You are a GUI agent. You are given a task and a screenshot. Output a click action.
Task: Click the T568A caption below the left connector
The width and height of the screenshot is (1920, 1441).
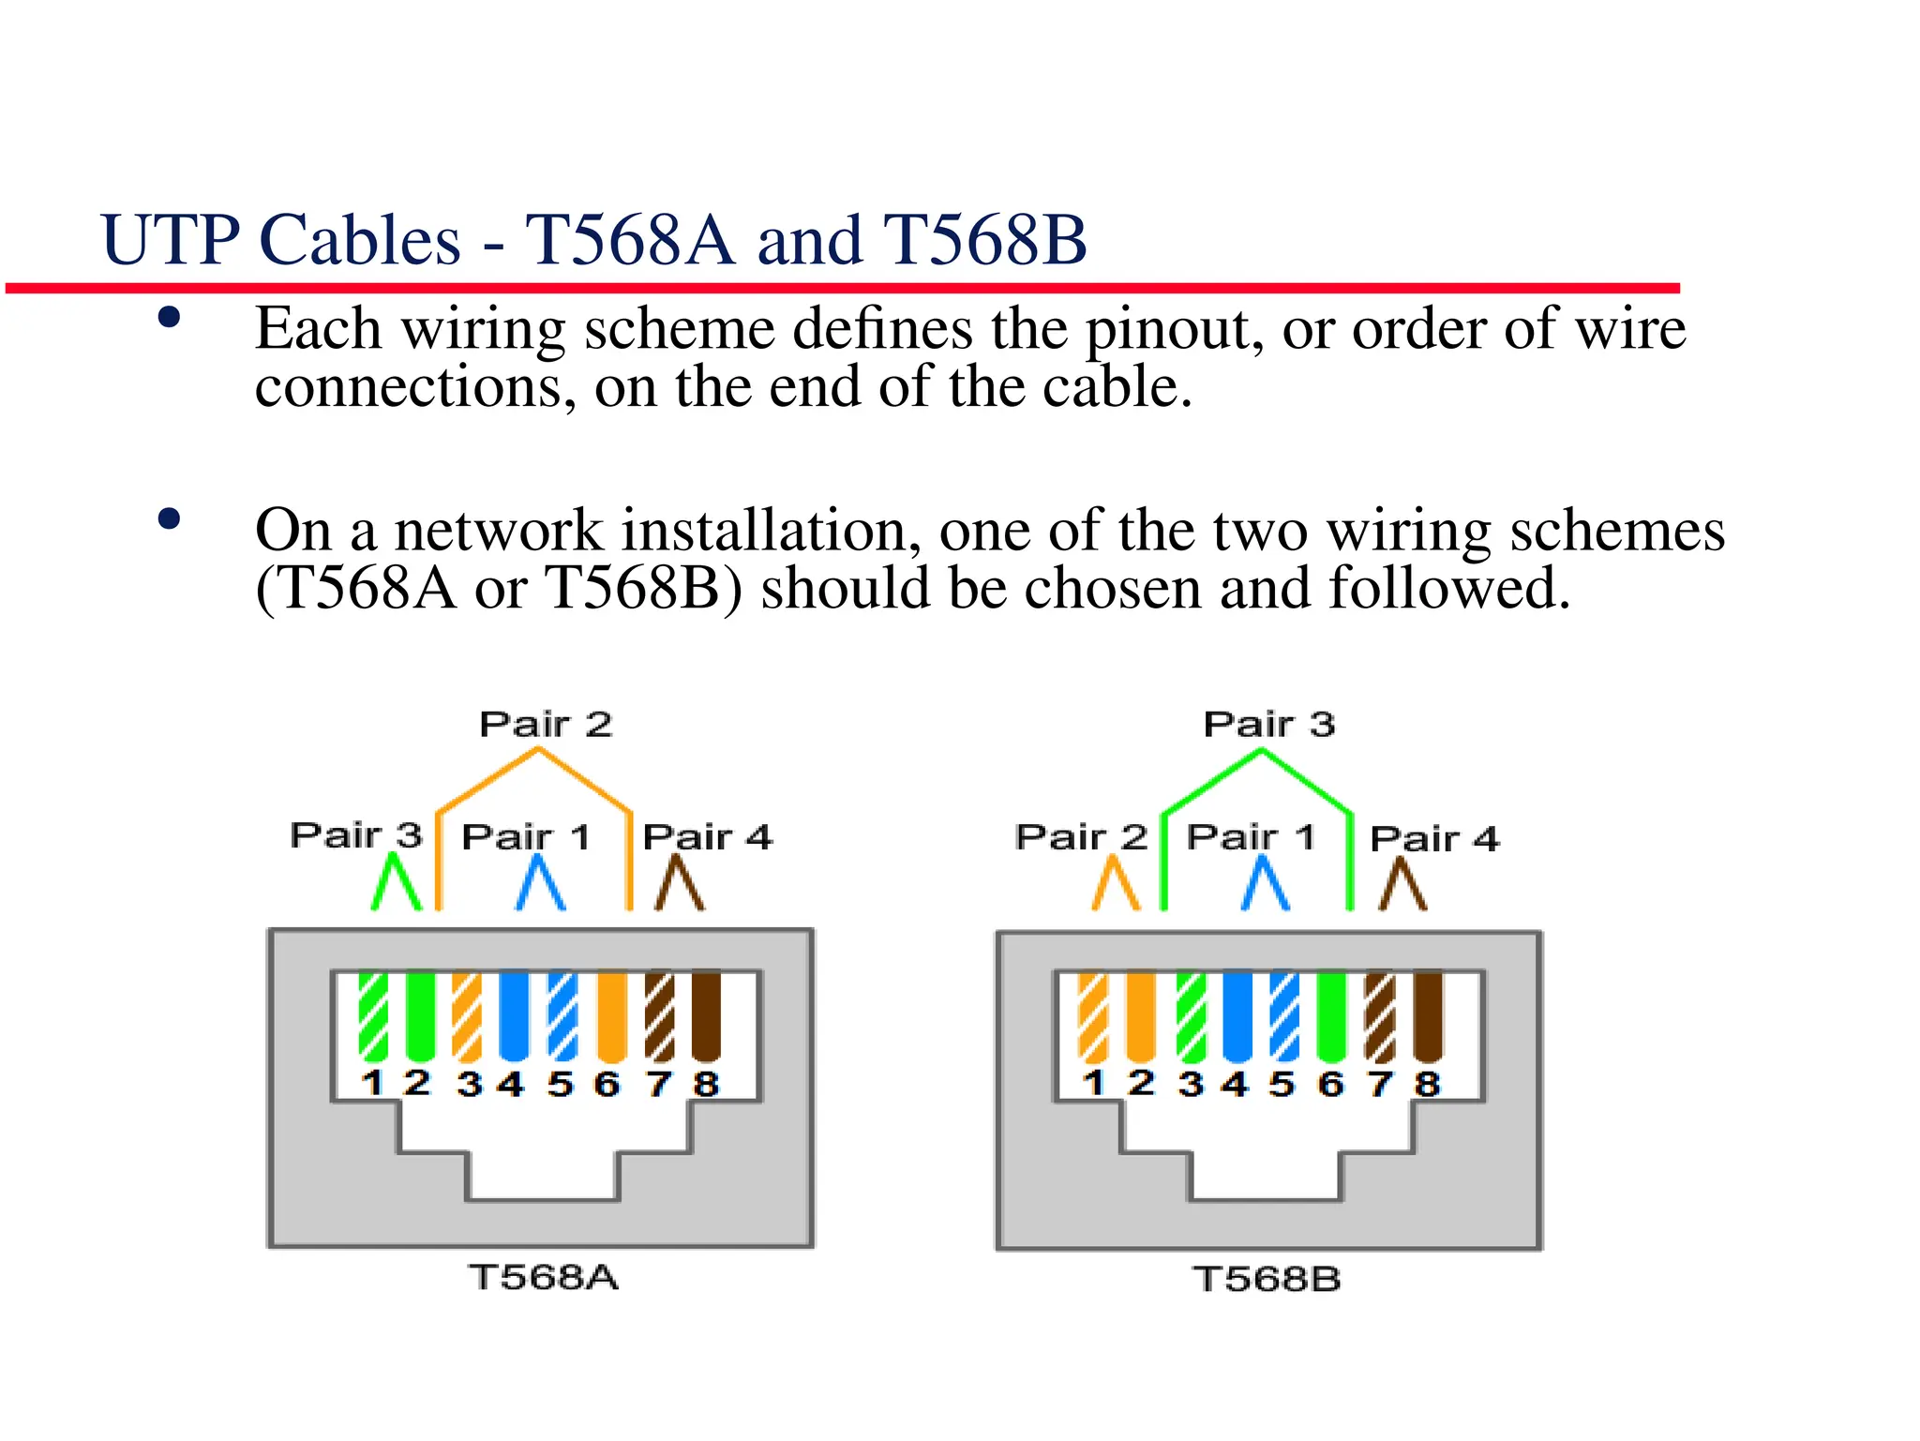(544, 1278)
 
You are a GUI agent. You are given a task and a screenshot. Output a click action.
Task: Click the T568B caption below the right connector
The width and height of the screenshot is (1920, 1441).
(1267, 1279)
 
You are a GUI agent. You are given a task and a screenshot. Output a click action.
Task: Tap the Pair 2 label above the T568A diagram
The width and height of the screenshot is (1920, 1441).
(545, 725)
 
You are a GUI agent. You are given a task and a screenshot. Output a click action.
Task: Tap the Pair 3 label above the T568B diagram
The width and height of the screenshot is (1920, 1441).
(1268, 725)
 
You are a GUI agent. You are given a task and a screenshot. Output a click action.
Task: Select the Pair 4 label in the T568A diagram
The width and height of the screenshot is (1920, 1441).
(707, 836)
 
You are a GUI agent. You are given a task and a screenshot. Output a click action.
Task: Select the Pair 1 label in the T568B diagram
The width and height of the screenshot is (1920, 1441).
(1251, 836)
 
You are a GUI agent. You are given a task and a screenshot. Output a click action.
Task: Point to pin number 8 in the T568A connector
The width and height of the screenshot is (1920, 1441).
(706, 1085)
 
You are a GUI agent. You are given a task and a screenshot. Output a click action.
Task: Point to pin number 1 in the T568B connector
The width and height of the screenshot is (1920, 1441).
(1093, 1083)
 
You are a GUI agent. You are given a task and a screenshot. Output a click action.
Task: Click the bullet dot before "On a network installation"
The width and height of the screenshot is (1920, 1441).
(170, 519)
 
